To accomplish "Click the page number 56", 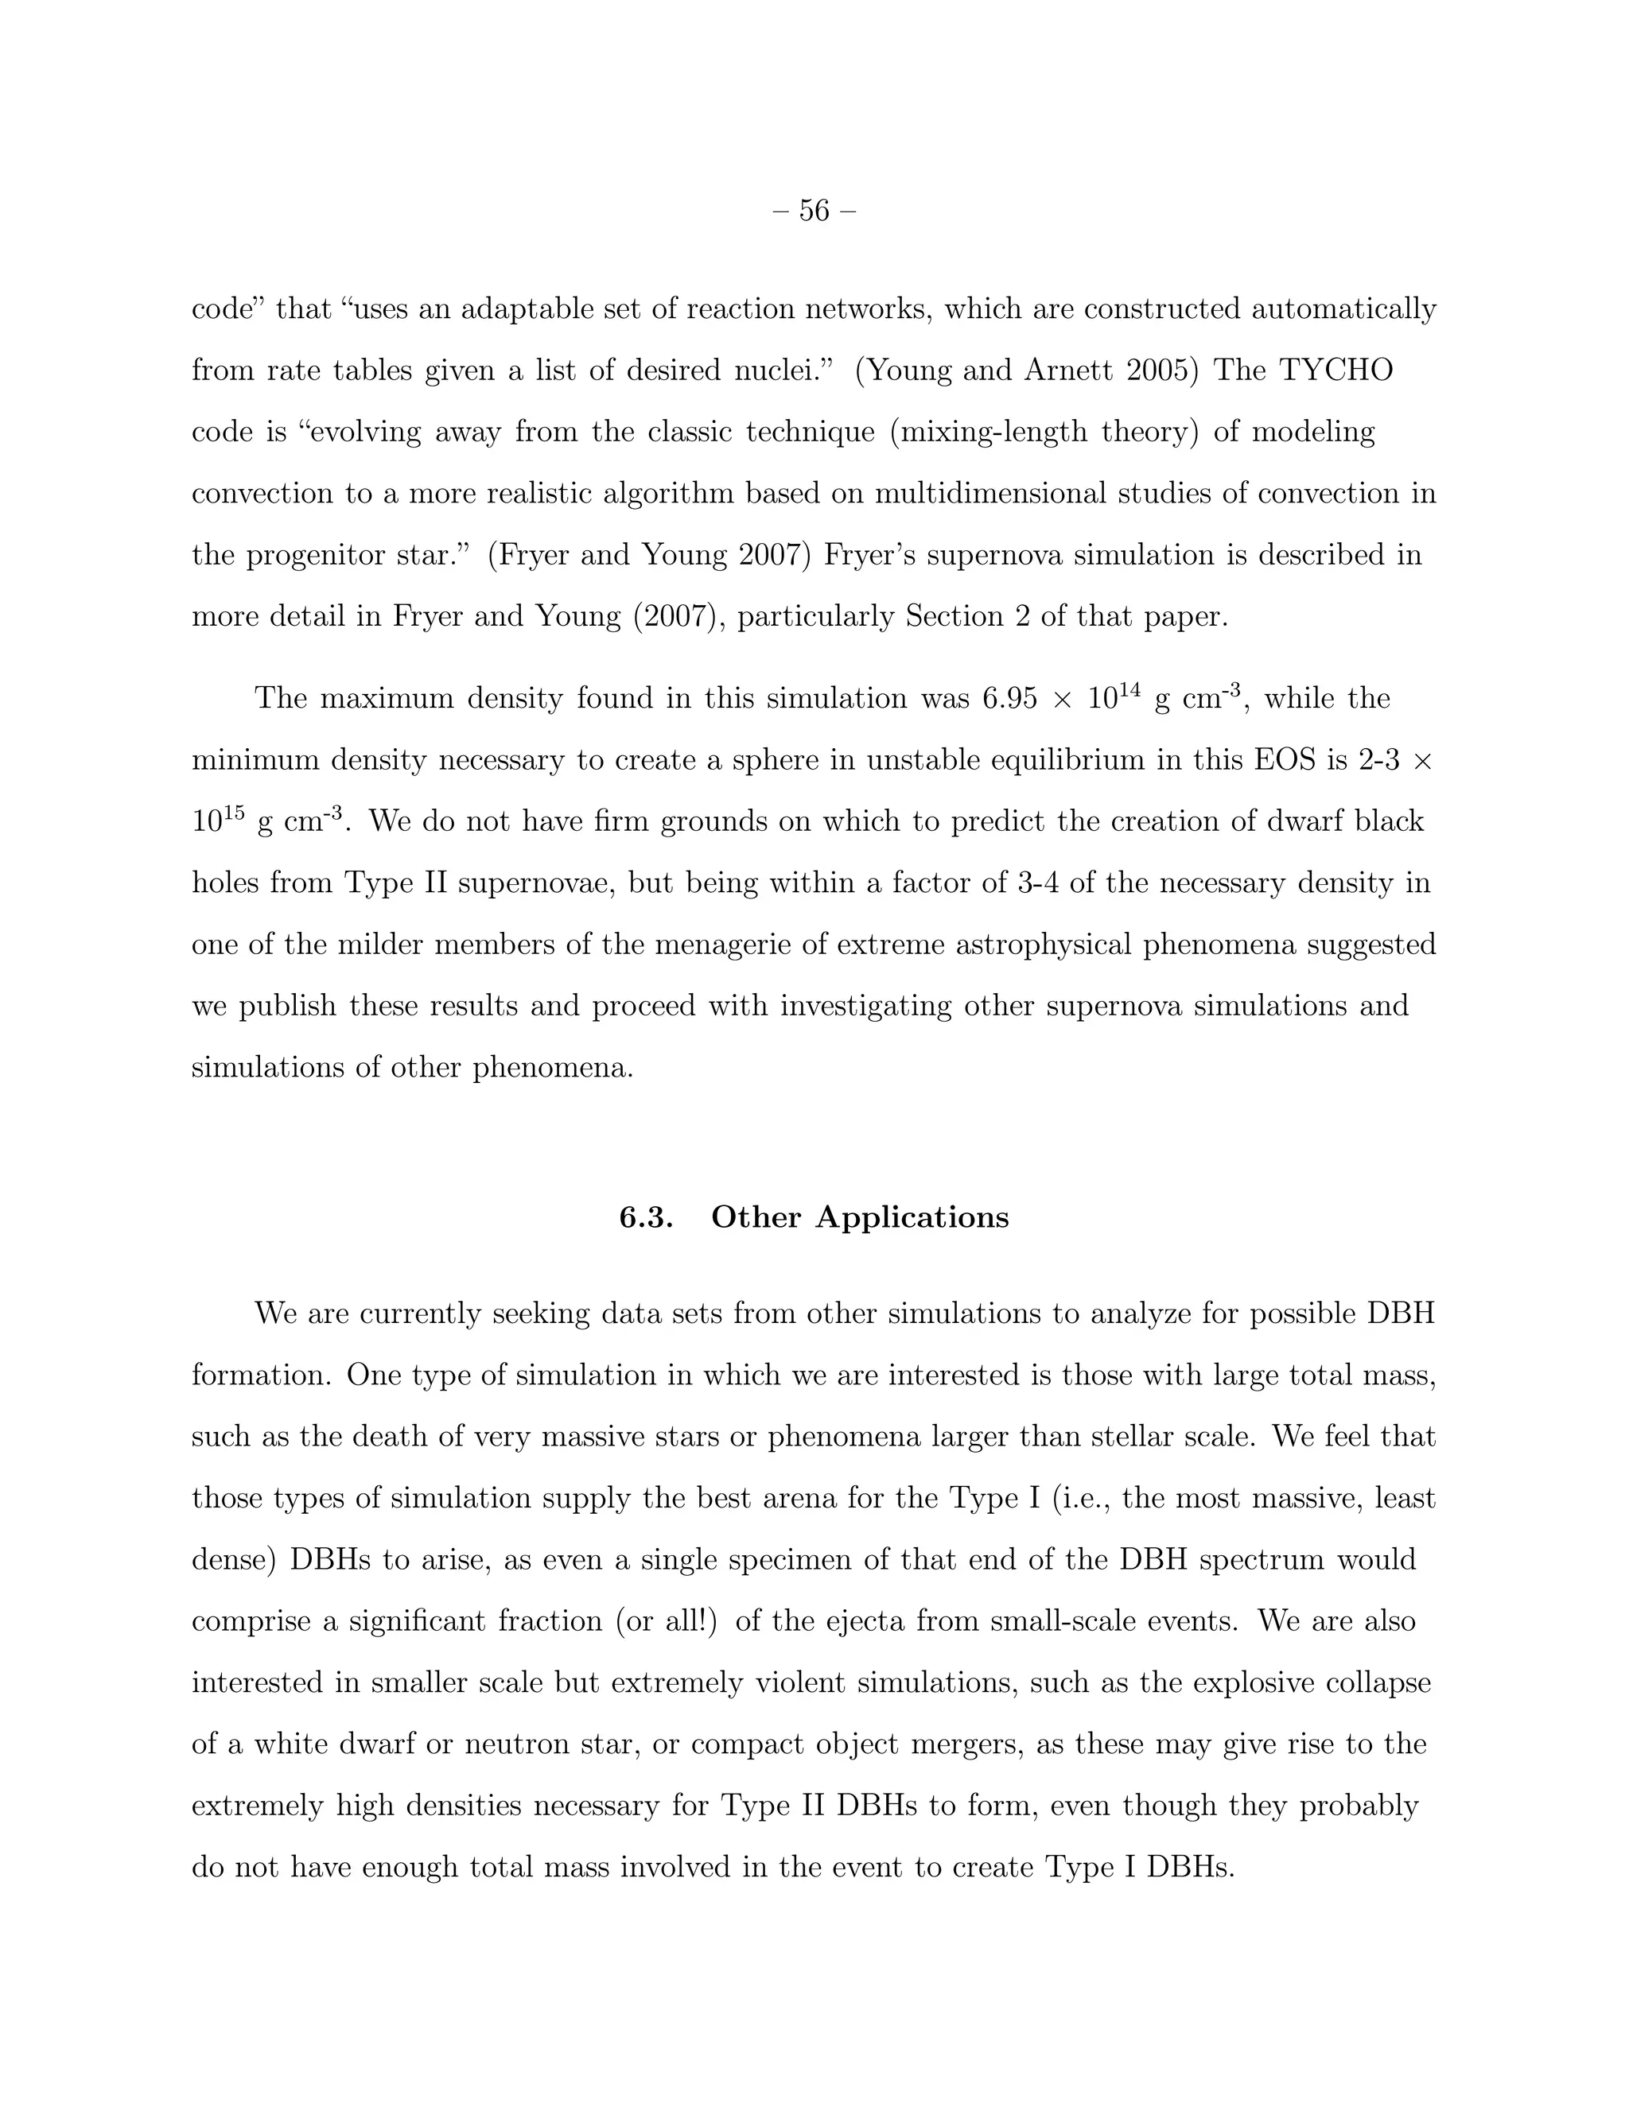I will (x=814, y=211).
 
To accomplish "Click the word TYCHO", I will (x=1335, y=371).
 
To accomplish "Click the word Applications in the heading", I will (x=912, y=1217).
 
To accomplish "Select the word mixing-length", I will (x=994, y=433).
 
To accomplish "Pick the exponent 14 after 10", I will (x=1131, y=689).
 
